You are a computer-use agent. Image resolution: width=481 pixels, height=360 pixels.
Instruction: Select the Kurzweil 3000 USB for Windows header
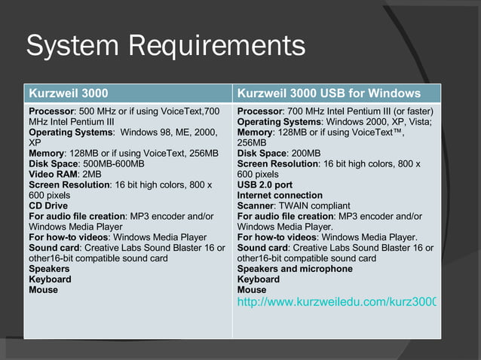329,93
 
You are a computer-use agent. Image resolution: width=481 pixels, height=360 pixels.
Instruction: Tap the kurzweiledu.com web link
336,302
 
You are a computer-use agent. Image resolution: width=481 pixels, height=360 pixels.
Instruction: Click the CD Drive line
48,206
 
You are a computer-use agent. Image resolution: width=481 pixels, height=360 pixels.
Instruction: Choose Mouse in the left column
43,290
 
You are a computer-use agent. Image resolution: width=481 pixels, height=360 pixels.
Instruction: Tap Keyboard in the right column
259,279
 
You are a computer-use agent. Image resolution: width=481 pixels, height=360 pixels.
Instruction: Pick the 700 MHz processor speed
305,111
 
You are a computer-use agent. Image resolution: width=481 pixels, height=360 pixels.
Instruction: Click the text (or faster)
412,111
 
